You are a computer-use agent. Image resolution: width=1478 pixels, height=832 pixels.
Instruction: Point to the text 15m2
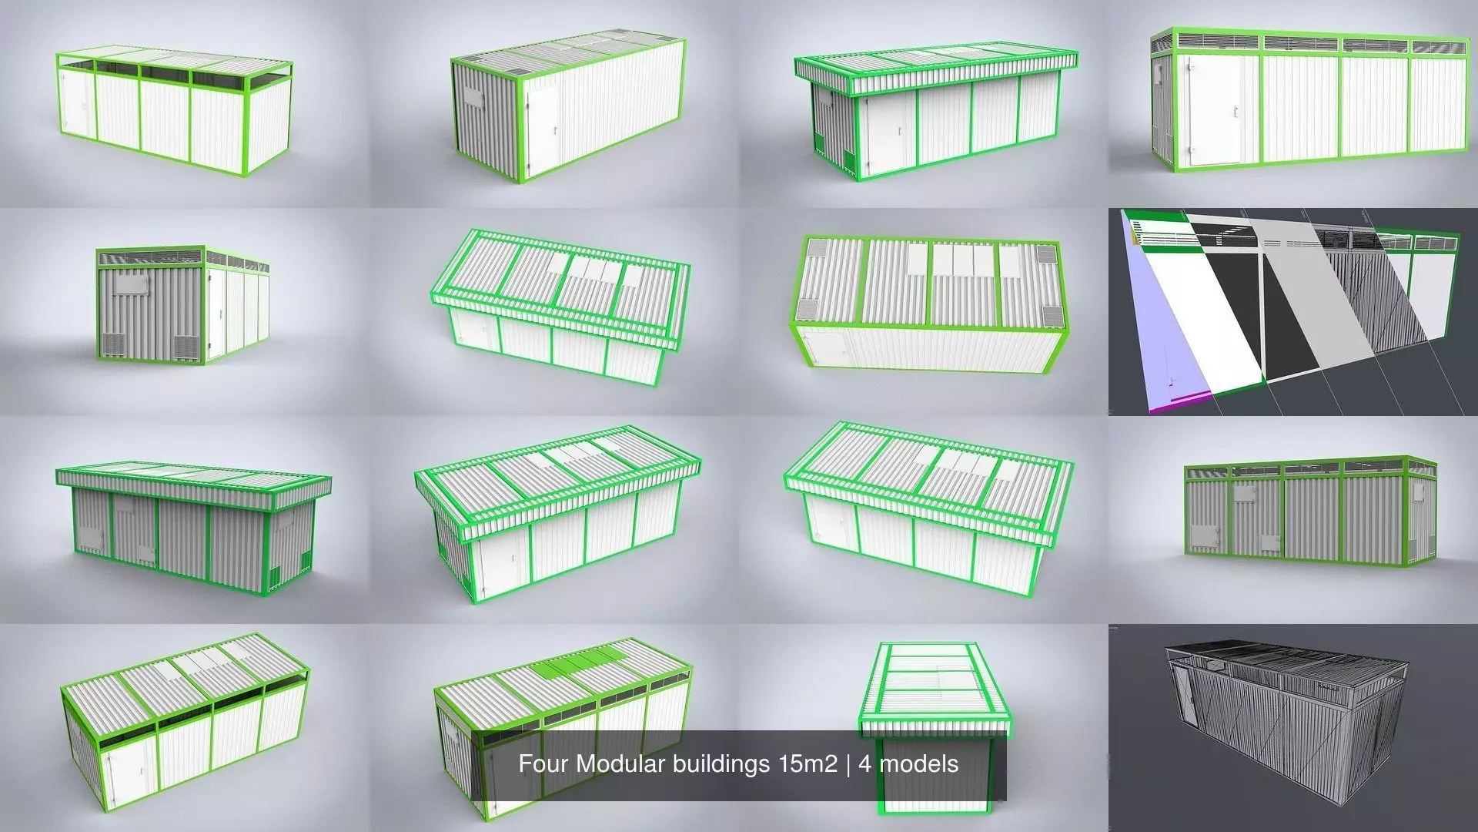tap(808, 764)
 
